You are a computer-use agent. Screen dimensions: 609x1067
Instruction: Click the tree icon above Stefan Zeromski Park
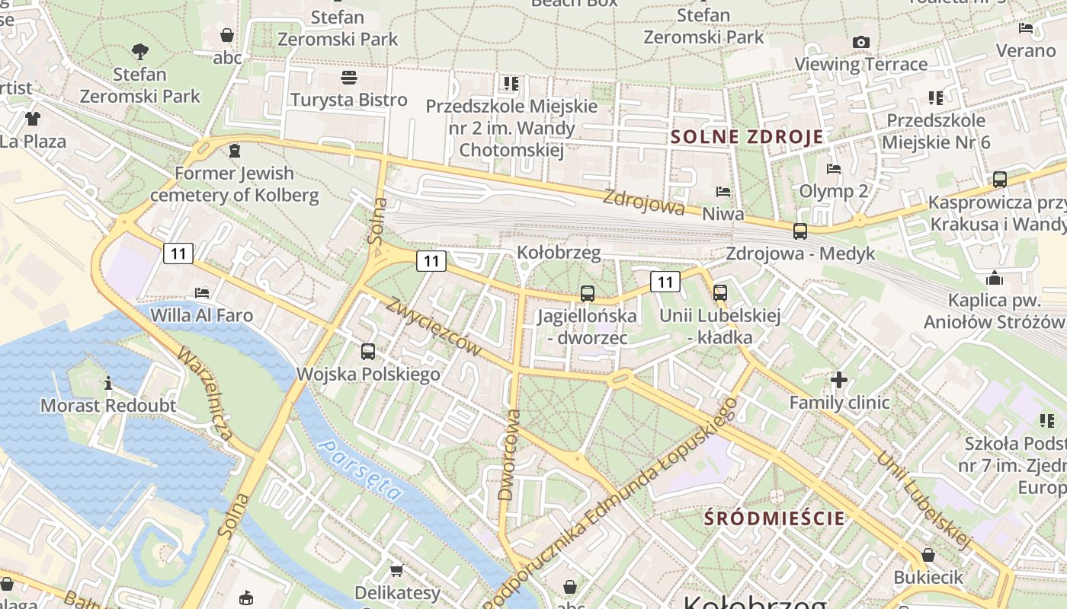[139, 52]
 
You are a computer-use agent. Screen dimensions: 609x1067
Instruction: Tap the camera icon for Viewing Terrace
[861, 42]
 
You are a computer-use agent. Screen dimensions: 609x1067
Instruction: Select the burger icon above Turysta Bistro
[349, 78]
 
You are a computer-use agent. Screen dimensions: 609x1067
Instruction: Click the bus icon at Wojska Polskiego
[368, 351]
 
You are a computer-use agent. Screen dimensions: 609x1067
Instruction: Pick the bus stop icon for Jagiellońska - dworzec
[587, 293]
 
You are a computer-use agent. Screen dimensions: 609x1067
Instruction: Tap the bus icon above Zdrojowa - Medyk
[800, 231]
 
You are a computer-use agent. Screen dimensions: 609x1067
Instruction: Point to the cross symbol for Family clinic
[839, 379]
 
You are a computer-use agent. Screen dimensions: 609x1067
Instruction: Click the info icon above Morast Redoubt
[108, 382]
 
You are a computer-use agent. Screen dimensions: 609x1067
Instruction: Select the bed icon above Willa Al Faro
[202, 292]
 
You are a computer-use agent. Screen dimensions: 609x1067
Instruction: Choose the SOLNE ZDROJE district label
[747, 137]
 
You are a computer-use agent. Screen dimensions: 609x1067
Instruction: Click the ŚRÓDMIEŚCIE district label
[774, 518]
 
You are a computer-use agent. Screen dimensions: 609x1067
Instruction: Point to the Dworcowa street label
[509, 454]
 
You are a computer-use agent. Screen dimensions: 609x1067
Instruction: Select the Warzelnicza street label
[204, 394]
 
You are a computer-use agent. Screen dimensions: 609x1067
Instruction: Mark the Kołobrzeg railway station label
[559, 252]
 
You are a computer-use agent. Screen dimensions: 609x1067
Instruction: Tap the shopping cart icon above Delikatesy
[396, 570]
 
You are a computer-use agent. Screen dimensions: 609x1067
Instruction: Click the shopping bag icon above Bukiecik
[928, 555]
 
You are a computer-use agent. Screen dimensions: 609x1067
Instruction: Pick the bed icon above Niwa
[723, 192]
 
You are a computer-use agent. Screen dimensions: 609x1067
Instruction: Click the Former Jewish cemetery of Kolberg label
[235, 184]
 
